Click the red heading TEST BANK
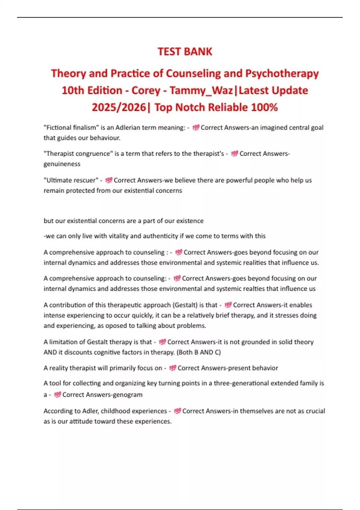(x=185, y=52)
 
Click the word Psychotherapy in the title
(x=282, y=73)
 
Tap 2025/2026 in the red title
(x=119, y=107)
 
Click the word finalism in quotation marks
(x=80, y=127)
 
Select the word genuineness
(x=62, y=164)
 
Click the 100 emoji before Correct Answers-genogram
(x=58, y=394)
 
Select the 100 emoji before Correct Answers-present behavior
(x=172, y=368)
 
